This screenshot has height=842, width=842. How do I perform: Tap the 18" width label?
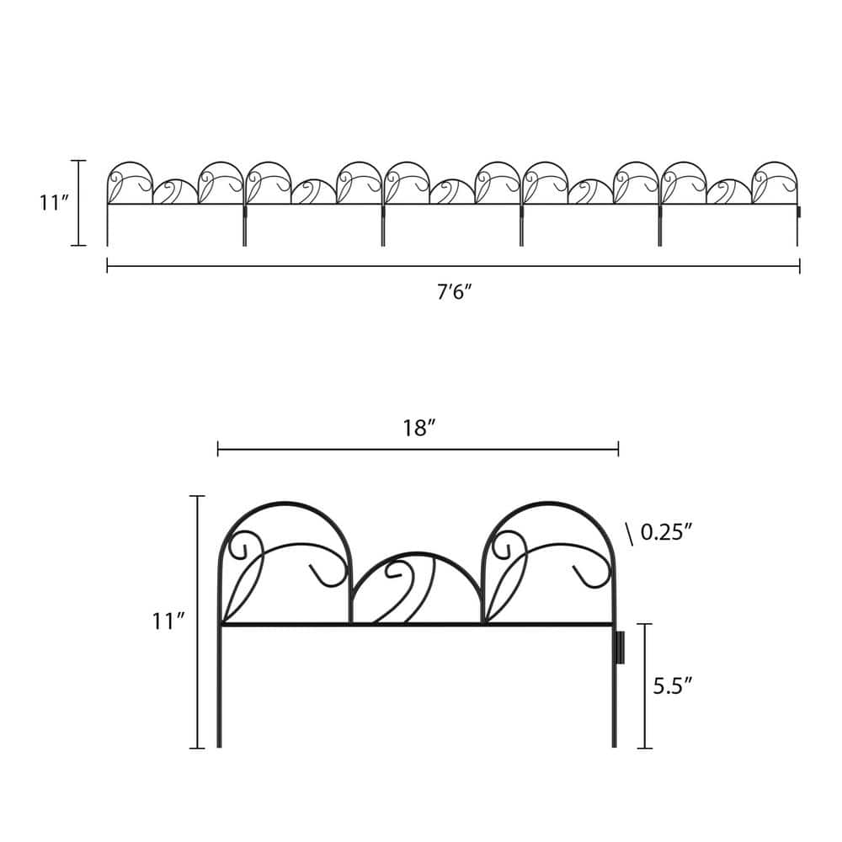[418, 428]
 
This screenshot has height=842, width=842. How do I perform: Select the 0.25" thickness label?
[666, 532]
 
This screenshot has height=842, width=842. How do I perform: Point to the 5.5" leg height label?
[672, 685]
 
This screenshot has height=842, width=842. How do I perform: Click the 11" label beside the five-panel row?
[52, 203]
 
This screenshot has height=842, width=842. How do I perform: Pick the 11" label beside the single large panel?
[168, 621]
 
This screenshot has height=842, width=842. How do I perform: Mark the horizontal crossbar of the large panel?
[416, 625]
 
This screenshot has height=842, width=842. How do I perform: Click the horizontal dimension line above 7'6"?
[453, 267]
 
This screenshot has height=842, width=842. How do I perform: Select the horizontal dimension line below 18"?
[418, 450]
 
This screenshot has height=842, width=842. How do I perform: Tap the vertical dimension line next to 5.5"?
[645, 685]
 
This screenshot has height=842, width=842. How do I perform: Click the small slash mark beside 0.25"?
[629, 532]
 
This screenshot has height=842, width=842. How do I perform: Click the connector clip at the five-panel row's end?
[799, 211]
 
